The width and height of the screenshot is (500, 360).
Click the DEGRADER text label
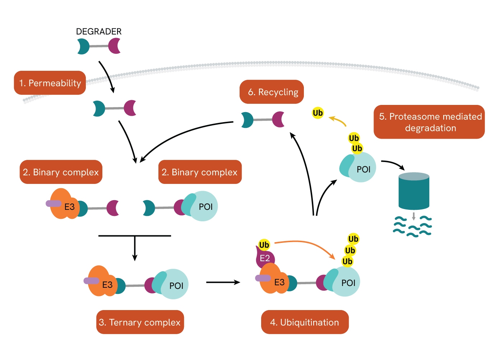(x=99, y=32)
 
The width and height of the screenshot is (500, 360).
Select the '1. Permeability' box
(x=50, y=83)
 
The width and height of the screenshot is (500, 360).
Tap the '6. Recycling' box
(x=272, y=92)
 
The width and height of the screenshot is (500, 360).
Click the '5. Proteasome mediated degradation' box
(x=429, y=122)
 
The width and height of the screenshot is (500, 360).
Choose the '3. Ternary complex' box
(x=140, y=322)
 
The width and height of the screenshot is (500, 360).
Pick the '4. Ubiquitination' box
(x=304, y=322)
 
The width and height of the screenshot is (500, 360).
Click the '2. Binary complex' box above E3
(x=61, y=172)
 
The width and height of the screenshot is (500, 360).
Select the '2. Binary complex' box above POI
(x=200, y=172)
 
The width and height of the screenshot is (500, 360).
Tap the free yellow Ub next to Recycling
(x=318, y=113)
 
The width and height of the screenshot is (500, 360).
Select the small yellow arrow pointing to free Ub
(x=338, y=120)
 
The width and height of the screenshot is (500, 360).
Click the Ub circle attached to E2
(x=264, y=245)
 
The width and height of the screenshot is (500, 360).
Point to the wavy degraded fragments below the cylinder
(x=412, y=226)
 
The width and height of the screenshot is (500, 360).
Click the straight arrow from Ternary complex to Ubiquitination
(x=223, y=282)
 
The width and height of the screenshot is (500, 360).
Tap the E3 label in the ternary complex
(x=107, y=285)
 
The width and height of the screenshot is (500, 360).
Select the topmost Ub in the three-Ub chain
(x=353, y=239)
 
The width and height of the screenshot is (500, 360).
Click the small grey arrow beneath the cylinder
(x=414, y=216)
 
